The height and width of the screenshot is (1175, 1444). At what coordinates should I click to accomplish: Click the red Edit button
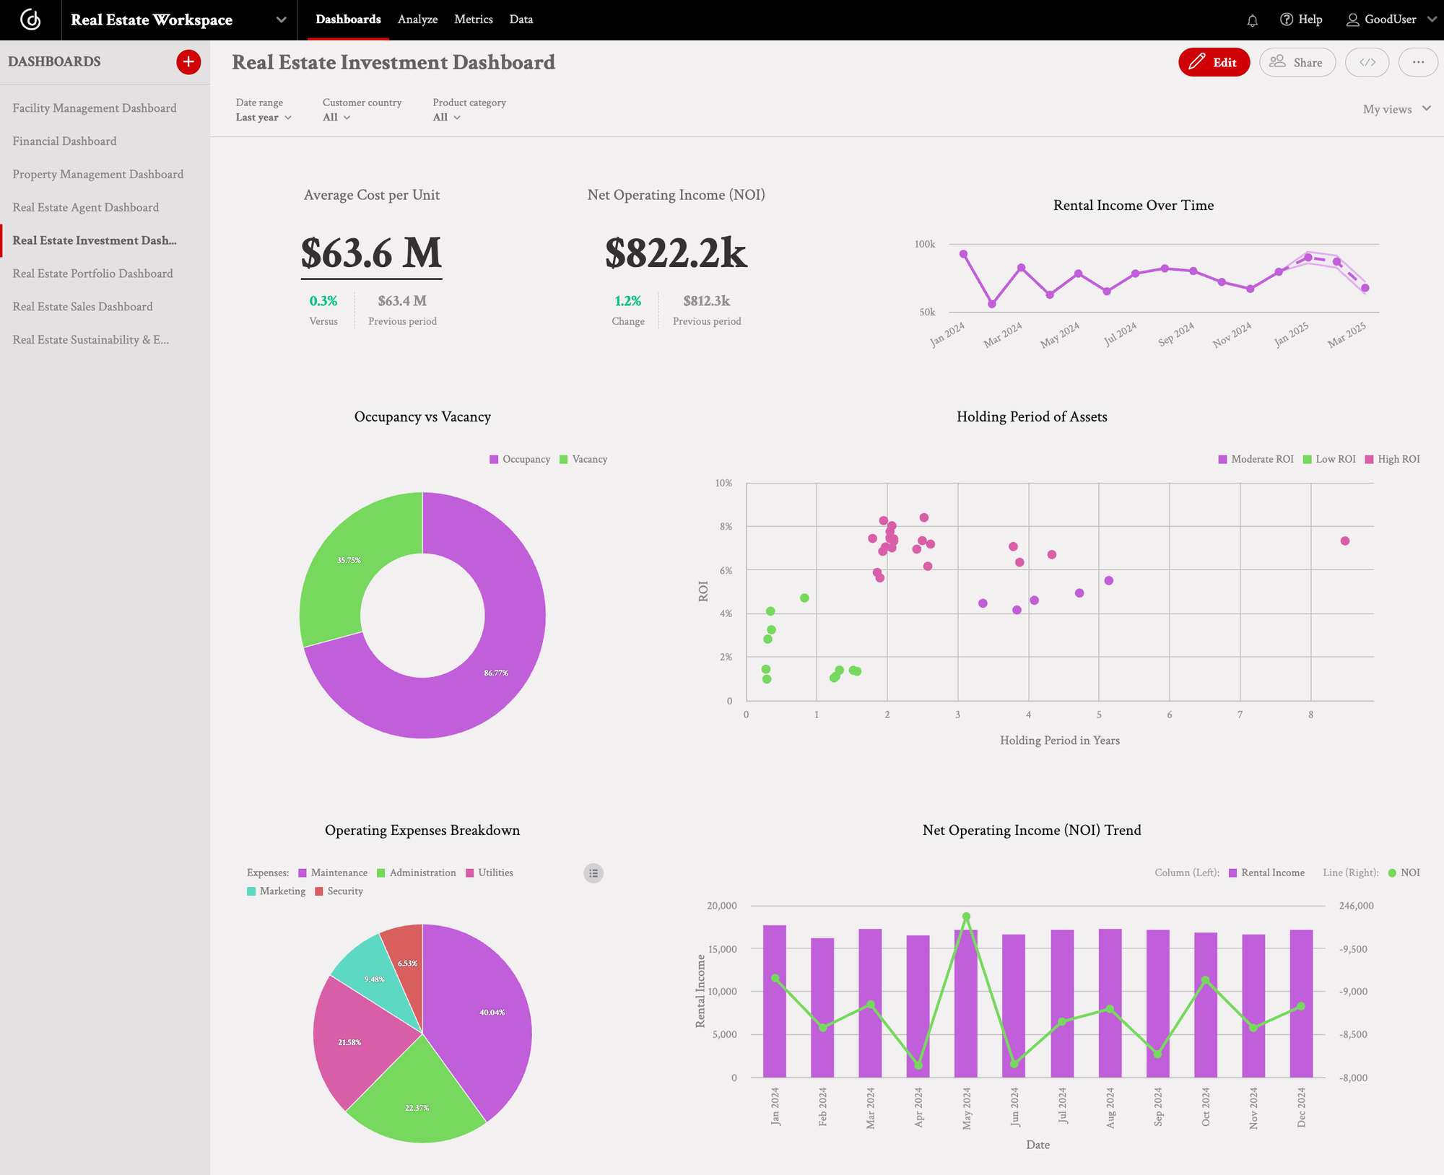(1213, 63)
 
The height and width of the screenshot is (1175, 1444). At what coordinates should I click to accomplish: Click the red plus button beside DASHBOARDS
(188, 62)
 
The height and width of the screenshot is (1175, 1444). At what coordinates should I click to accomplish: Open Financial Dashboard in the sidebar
(64, 141)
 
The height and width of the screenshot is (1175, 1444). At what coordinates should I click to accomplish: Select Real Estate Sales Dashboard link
(82, 307)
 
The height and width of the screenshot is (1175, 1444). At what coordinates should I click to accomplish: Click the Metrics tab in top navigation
(473, 19)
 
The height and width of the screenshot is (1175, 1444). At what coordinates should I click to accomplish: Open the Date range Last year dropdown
(264, 118)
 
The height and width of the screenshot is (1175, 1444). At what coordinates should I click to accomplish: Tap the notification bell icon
(1252, 20)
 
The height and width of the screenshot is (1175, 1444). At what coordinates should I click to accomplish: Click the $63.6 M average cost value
(371, 253)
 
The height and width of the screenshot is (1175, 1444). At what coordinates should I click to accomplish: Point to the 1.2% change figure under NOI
(627, 301)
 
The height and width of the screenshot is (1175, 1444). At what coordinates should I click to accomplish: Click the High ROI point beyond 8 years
(1344, 541)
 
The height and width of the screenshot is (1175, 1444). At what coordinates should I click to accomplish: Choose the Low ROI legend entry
(1329, 460)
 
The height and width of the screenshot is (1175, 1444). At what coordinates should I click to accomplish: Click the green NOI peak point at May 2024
(966, 917)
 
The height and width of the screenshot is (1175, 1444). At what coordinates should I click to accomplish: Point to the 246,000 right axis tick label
(1356, 906)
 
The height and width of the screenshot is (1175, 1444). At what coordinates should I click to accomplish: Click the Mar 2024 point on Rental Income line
(1021, 268)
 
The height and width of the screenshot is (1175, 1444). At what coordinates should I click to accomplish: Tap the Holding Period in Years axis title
(1059, 741)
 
